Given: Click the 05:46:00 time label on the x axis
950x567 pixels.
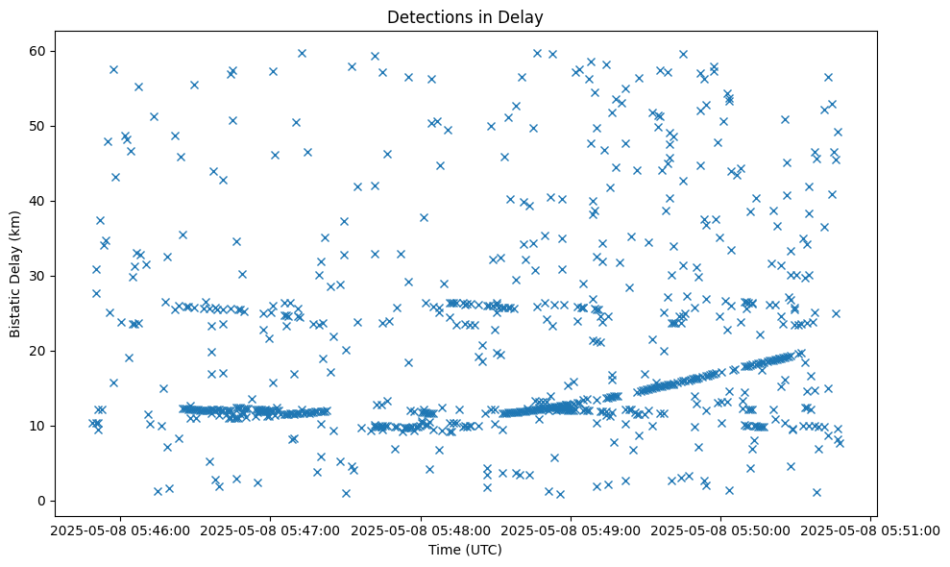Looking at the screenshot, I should [121, 530].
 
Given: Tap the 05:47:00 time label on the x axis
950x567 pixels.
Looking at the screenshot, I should [271, 530].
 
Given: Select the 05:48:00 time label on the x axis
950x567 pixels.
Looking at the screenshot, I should [421, 530].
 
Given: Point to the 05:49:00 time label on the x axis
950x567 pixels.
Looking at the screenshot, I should [572, 530].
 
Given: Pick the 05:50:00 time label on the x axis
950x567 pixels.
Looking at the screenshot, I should [721, 530].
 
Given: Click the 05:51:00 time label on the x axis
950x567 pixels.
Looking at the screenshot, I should [871, 530].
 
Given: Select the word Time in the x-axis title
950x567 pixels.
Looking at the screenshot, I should [444, 551].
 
